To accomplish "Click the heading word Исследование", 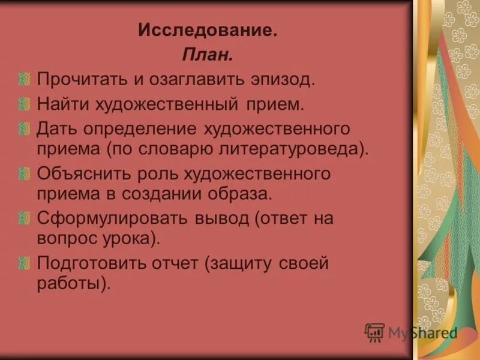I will pyautogui.click(x=208, y=30).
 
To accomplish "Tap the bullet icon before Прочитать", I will pyautogui.click(x=23, y=79).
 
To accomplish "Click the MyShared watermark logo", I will pyautogui.click(x=412, y=332).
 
